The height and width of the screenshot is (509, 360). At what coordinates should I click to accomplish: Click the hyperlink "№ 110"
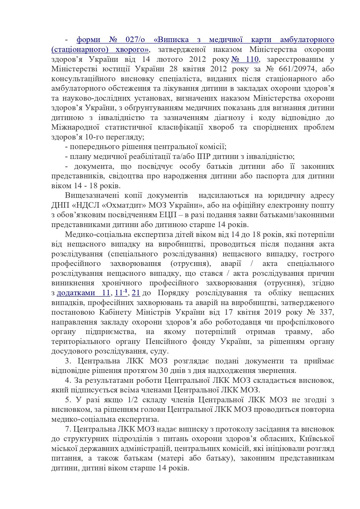(245, 59)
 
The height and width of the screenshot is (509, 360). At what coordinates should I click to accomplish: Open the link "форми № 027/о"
(111, 40)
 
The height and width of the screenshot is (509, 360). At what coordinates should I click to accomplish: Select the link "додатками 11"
(83, 293)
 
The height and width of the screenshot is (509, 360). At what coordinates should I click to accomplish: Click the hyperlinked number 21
(136, 293)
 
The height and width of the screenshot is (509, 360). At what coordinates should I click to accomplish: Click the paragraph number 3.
(68, 361)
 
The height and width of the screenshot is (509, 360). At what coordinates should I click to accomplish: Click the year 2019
(272, 312)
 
